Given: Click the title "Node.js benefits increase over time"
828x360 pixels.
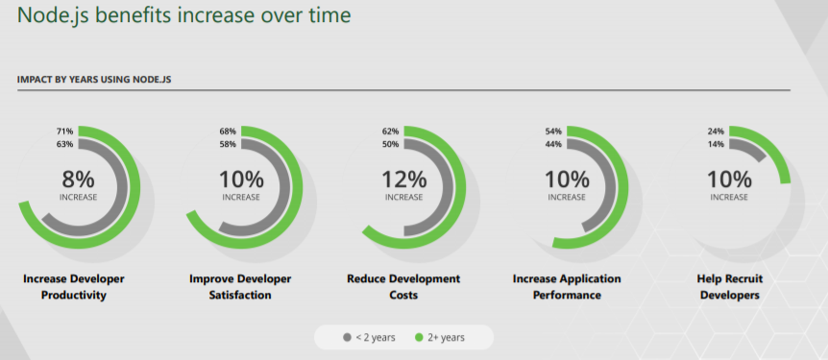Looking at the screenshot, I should tap(183, 16).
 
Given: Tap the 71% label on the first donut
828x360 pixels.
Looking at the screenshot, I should tap(64, 132).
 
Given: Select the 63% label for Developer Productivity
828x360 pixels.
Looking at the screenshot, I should tap(64, 145).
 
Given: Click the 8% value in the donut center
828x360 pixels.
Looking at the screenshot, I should tap(79, 179).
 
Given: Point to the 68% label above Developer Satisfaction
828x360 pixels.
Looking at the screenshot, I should tap(228, 132).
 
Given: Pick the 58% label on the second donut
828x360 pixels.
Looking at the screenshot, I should tap(228, 145).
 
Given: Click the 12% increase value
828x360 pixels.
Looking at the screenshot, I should tap(403, 179).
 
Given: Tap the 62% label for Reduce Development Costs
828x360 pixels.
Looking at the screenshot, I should tap(390, 132).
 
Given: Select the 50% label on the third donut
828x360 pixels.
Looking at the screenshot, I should tap(390, 145).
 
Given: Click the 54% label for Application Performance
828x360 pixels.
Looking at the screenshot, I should tap(553, 132).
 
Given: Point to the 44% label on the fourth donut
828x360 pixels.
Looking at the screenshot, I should tap(553, 145).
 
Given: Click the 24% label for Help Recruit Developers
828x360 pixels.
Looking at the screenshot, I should tap(716, 132).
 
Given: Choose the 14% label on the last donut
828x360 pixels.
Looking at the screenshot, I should tap(716, 145).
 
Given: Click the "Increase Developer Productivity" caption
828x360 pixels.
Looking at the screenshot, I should tap(73, 287).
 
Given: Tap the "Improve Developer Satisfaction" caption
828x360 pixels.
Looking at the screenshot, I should tap(240, 287).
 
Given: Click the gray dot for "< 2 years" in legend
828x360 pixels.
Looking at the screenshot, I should tap(348, 338).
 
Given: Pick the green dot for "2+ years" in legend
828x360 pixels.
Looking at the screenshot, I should tap(419, 338).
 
